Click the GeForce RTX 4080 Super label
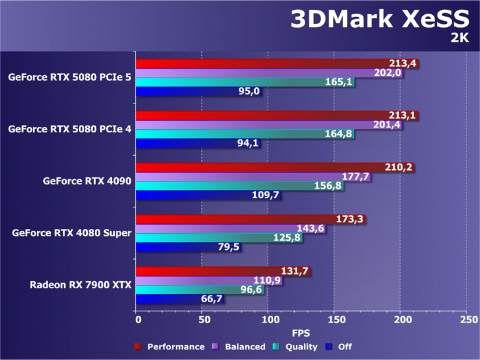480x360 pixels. [x=71, y=233]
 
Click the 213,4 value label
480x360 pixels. [x=403, y=63]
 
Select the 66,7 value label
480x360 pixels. [x=209, y=299]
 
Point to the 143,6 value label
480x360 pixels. [x=311, y=228]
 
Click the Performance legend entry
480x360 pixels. [x=170, y=346]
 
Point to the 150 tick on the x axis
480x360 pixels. [x=335, y=320]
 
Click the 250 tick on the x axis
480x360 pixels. [x=468, y=320]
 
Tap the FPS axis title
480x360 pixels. [x=301, y=333]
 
